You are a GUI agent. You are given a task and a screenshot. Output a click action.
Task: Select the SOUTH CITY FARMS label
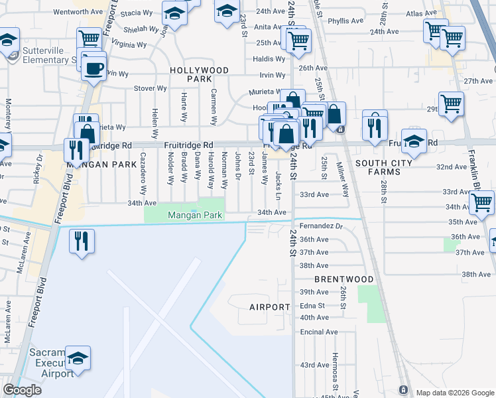(387, 167)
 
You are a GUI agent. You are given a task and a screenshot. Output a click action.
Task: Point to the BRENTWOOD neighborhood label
(344, 279)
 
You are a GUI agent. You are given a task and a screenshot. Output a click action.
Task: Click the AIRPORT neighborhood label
(270, 307)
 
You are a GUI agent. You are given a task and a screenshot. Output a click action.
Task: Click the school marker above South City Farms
(414, 141)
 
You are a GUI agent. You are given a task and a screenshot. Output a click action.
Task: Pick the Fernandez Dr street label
(321, 226)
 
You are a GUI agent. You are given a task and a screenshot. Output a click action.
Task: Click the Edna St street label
(312, 306)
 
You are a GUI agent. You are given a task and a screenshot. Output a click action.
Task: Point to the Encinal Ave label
(319, 332)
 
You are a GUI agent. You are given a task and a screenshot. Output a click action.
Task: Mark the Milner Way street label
(343, 179)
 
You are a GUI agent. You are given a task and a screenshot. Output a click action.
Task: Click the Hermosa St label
(336, 377)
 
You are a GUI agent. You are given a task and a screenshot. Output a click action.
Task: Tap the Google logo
(22, 390)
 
